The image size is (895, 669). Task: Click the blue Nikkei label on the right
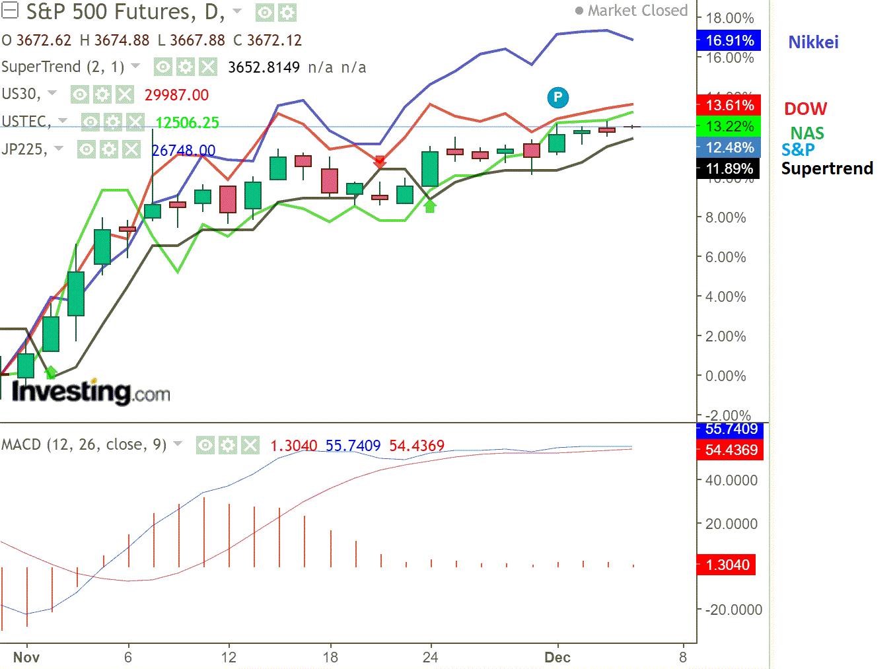tap(813, 42)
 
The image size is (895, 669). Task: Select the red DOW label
tap(805, 109)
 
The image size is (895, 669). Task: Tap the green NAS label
tap(806, 133)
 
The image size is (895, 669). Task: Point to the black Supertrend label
tap(827, 168)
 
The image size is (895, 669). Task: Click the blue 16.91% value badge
tap(729, 41)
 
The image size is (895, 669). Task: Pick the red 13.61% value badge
tap(729, 105)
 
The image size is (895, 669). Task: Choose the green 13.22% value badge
tap(729, 126)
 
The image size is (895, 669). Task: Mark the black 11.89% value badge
tap(729, 169)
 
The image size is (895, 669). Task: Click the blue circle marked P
tap(558, 98)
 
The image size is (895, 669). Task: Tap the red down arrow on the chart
tap(380, 161)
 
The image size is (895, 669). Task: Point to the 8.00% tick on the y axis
tap(725, 218)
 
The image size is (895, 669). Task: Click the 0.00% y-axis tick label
tap(725, 376)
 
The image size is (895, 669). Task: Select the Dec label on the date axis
tap(557, 657)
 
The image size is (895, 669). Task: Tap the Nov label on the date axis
tap(26, 657)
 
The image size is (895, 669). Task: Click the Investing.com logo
tap(91, 392)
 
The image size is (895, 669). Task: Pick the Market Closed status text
tap(637, 11)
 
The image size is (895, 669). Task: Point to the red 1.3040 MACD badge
tap(727, 565)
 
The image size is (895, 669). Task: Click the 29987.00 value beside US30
tap(176, 95)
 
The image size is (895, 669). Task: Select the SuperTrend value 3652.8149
tap(264, 67)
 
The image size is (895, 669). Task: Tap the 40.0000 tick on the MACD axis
tap(731, 481)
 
